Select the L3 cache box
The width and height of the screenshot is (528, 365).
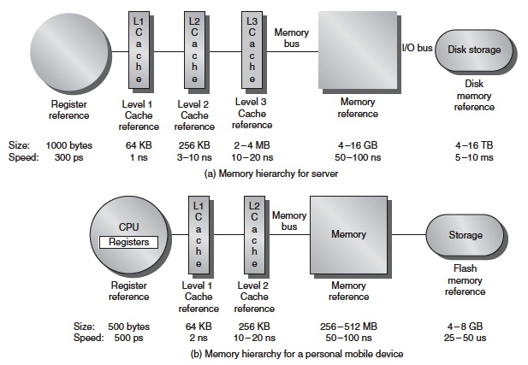(251, 49)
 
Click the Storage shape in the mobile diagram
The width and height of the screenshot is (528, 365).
(465, 235)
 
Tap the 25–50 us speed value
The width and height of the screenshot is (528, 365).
(466, 338)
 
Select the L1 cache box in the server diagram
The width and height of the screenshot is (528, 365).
(139, 49)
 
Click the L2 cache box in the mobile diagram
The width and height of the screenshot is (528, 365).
(253, 235)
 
